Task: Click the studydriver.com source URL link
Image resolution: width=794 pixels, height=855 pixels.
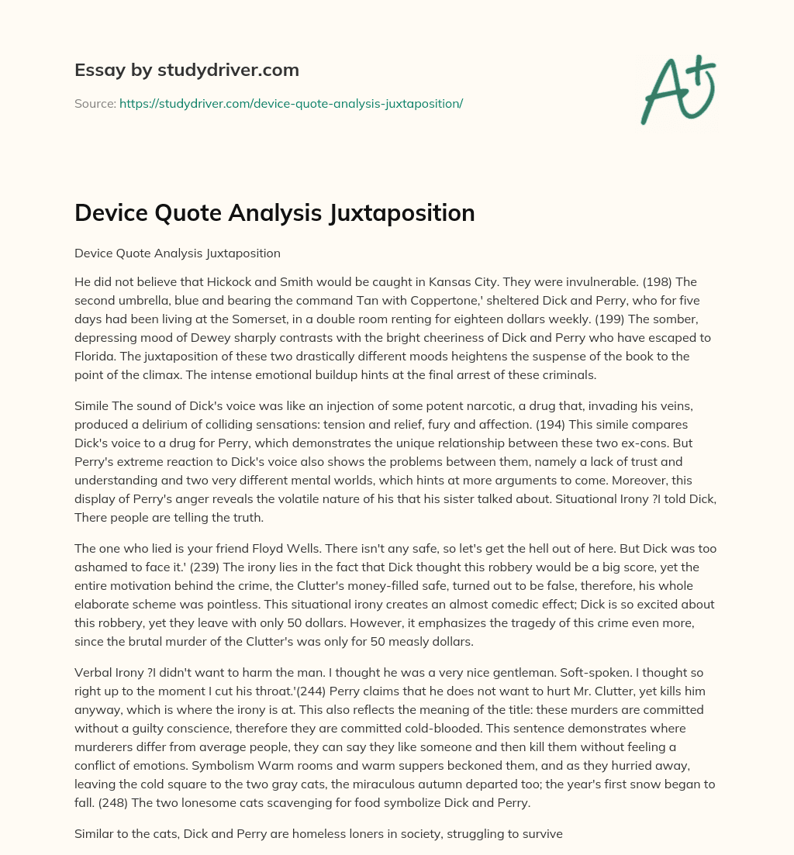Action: (x=291, y=103)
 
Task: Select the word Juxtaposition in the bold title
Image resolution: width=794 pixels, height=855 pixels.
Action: (x=395, y=213)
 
